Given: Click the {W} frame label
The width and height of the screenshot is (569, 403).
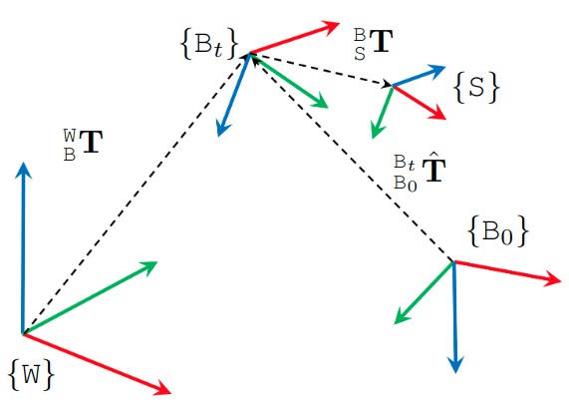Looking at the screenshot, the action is (x=31, y=375).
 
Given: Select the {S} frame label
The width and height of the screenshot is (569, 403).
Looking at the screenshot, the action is (x=476, y=88).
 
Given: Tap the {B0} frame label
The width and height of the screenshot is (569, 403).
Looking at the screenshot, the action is (x=498, y=231).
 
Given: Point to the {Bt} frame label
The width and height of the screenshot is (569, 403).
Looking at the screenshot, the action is (x=209, y=44).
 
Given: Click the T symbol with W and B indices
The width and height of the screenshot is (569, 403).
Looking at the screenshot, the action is (x=83, y=145).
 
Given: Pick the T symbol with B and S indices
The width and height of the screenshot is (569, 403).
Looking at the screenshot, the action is (x=374, y=44).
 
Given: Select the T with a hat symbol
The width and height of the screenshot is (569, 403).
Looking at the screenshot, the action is (x=420, y=172).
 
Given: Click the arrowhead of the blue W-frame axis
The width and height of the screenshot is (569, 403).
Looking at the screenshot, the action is (x=23, y=170).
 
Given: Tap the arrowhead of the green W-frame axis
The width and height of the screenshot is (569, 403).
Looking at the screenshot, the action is (x=149, y=266).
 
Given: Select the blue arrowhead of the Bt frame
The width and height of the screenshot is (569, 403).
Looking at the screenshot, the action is (x=223, y=129).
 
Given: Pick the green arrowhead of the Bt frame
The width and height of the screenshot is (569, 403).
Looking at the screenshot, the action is (x=320, y=102).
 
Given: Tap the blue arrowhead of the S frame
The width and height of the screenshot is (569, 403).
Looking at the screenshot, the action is (x=436, y=70).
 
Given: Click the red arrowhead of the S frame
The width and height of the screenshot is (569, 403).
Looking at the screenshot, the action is (x=437, y=114).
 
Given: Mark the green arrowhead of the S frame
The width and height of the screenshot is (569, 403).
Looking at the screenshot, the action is (x=377, y=131).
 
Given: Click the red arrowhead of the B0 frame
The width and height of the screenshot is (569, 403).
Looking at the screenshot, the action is (x=553, y=279).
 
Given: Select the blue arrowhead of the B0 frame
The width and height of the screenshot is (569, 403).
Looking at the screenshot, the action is (x=455, y=364).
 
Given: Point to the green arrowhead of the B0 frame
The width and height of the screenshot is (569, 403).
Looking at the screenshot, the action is (x=402, y=317).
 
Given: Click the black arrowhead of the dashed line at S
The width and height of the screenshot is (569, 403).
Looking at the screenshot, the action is (x=387, y=85).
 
